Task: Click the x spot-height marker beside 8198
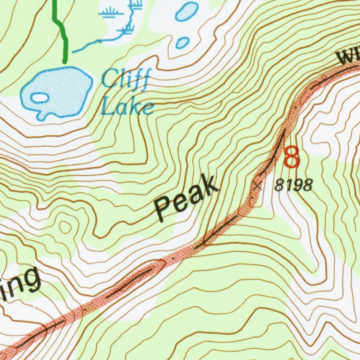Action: pos(257,186)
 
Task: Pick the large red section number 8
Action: pos(292,157)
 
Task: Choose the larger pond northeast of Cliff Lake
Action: pos(187,11)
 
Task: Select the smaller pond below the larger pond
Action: pos(182,43)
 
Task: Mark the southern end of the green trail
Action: pos(65,60)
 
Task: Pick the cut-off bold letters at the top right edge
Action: pos(348,57)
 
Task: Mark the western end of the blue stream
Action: pos(74,49)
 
